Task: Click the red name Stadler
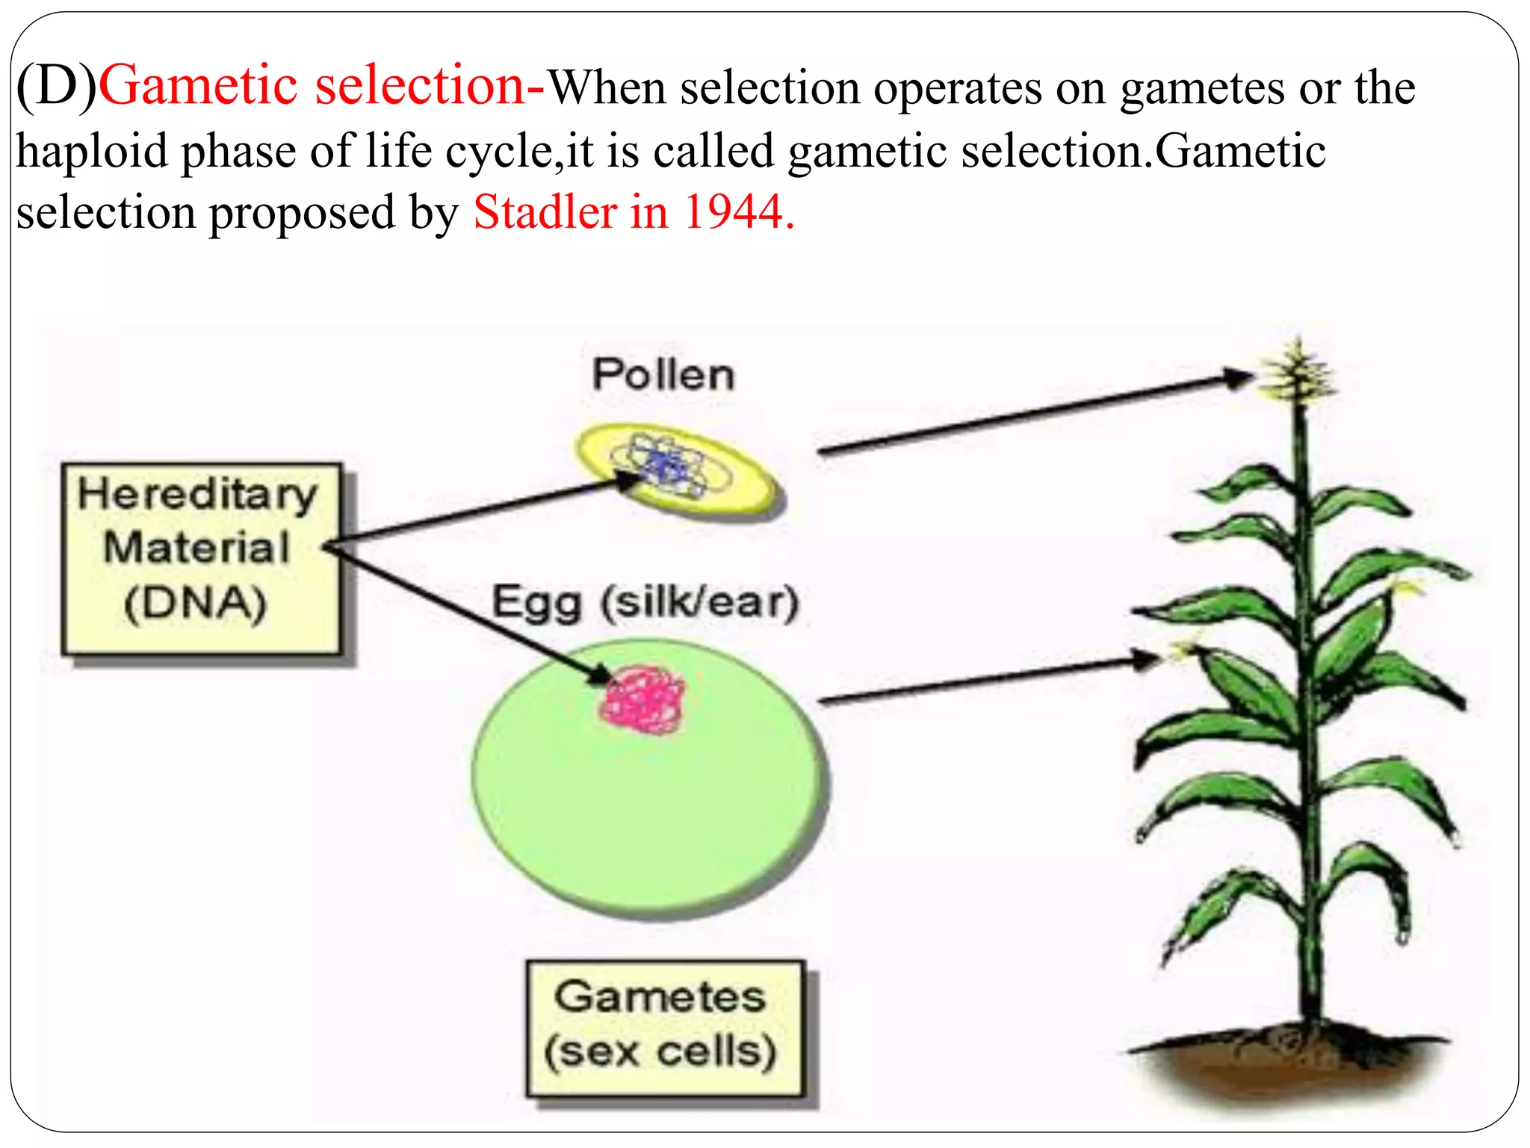[545, 212]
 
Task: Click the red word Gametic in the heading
[199, 86]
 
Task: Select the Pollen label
[663, 374]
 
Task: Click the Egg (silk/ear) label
[645, 602]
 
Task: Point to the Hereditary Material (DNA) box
[201, 558]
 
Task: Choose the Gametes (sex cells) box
[664, 1028]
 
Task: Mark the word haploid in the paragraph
[93, 152]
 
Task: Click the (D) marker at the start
[57, 86]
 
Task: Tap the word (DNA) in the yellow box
[196, 604]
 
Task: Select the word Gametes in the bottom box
[660, 997]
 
